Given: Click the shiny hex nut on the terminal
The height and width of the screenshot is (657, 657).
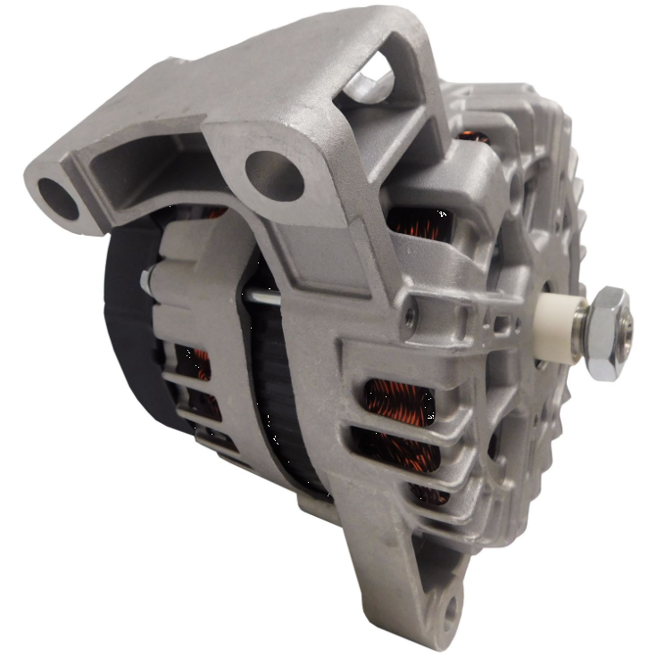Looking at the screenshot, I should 607,332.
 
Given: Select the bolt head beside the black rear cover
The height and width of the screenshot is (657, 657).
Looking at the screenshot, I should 146,279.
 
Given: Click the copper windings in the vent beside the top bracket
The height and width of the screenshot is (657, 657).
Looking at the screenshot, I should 420,223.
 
